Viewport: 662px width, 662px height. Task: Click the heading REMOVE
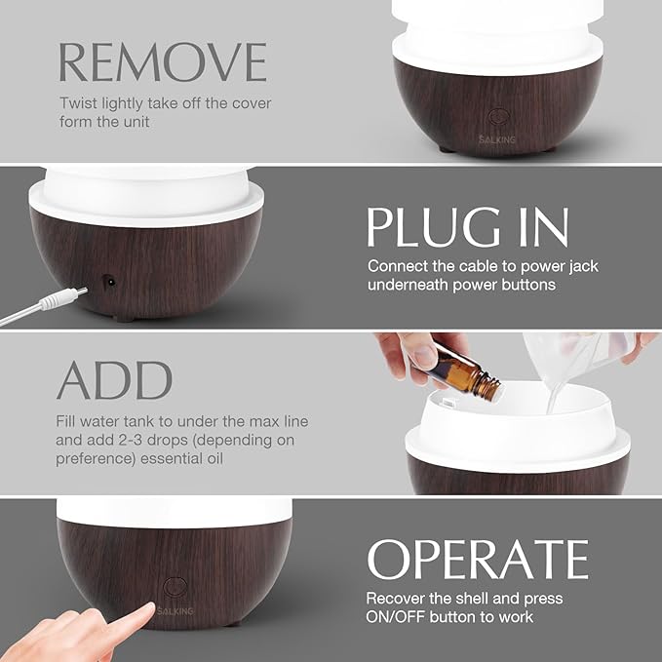[x=162, y=61]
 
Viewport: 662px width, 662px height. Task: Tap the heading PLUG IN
[x=468, y=227]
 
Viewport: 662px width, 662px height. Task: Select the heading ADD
[x=115, y=380]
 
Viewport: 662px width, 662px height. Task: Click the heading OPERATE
[x=478, y=559]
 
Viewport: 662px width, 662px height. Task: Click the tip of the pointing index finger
[x=145, y=609]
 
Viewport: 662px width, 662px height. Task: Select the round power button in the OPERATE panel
[x=175, y=587]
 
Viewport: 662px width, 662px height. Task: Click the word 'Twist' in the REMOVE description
[x=78, y=103]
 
